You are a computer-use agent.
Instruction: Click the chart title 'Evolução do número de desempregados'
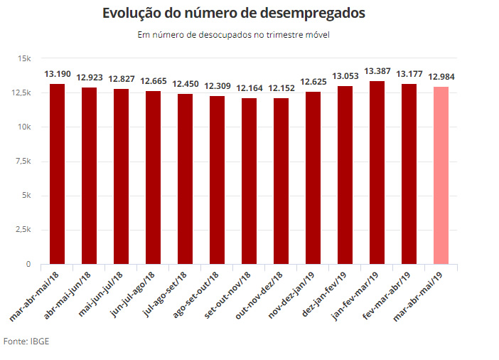pos(234,14)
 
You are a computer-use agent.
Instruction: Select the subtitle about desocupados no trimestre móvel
pos(234,34)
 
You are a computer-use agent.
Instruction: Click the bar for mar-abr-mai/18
pos(57,174)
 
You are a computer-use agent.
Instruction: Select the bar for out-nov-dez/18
pos(281,181)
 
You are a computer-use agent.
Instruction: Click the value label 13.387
pos(377,71)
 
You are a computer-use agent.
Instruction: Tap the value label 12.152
pos(281,88)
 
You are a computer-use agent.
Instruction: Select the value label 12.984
pos(441,77)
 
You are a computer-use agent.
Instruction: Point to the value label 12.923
pos(89,78)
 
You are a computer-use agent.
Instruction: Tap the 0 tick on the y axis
pos(28,265)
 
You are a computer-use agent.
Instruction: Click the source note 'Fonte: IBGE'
pos(26,342)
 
